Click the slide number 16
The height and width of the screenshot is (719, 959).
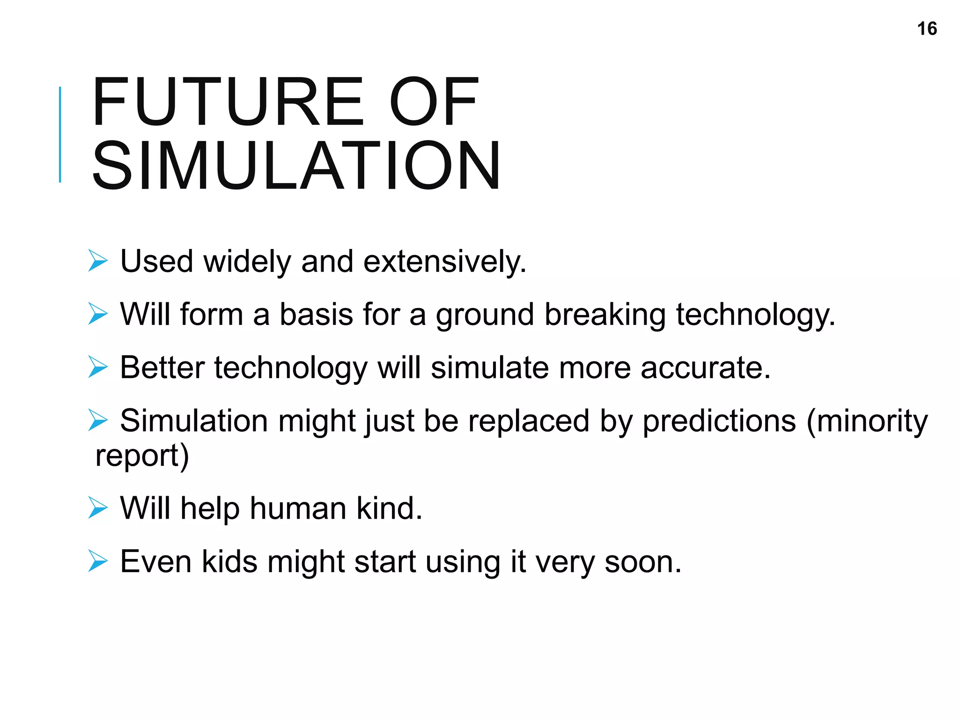coord(927,29)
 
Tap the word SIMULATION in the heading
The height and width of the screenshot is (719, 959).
coord(296,166)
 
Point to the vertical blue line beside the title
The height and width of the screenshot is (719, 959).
coord(60,134)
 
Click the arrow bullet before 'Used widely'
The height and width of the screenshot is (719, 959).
coord(98,261)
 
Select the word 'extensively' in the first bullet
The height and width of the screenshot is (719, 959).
coord(444,261)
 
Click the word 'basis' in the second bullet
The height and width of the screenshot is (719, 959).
coord(316,314)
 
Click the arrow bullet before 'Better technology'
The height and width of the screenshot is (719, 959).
coord(98,367)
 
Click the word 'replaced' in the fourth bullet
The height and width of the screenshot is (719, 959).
coord(529,420)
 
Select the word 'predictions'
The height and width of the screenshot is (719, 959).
coord(719,420)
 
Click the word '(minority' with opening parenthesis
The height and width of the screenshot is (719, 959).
coord(867,420)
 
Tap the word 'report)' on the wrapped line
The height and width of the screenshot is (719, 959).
coord(142,456)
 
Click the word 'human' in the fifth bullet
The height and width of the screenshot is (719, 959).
coord(298,508)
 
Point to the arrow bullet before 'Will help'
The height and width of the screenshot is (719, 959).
coord(98,508)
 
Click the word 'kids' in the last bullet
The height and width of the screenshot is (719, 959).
coord(229,561)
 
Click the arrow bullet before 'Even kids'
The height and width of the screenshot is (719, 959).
coord(98,561)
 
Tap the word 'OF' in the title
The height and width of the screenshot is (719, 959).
coord(434,102)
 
